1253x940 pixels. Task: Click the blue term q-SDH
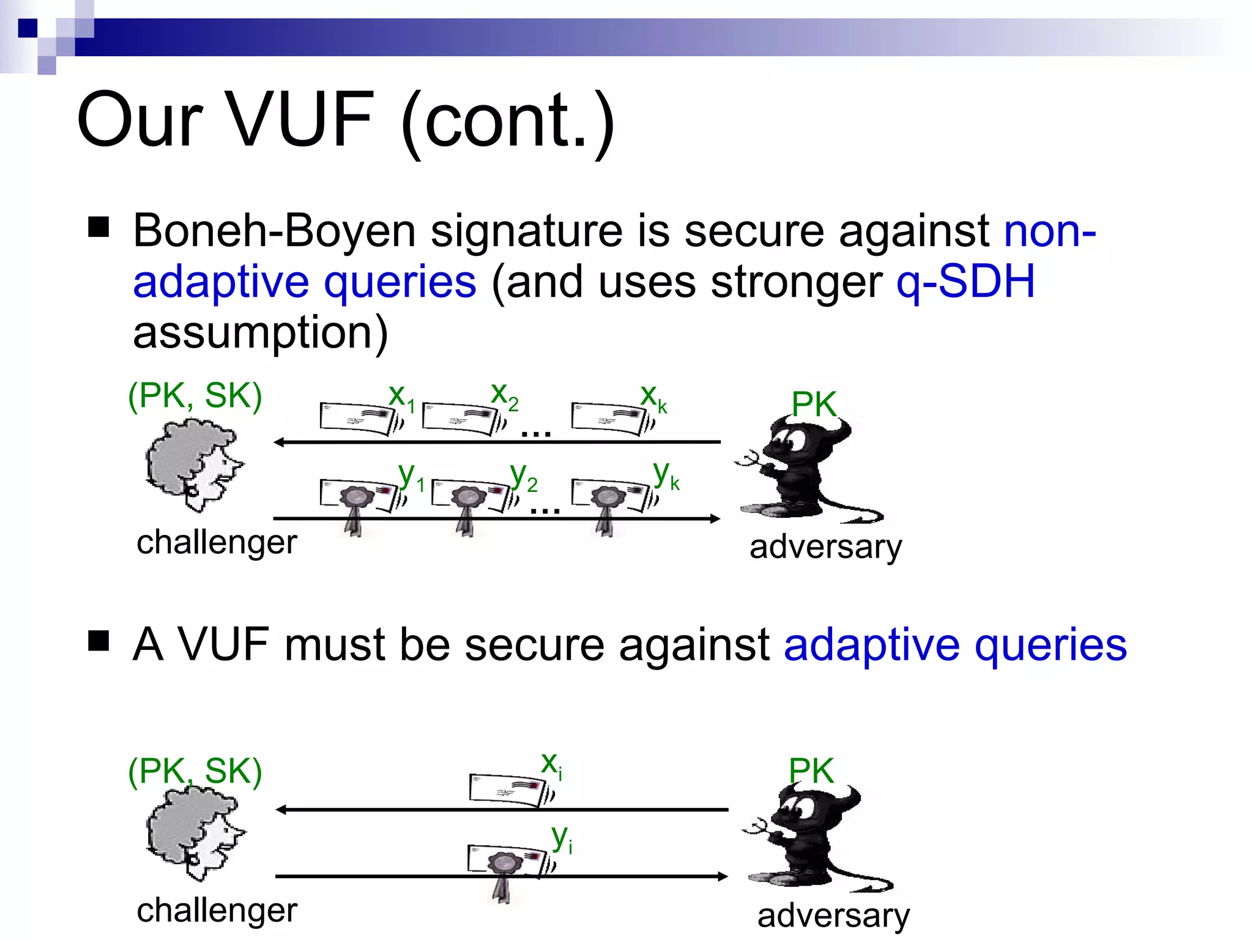click(965, 282)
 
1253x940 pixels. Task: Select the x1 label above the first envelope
click(401, 397)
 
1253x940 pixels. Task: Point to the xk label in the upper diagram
click(653, 397)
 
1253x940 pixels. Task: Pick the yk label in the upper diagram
click(666, 474)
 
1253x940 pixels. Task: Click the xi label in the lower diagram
click(551, 765)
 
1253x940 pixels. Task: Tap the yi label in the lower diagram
click(561, 838)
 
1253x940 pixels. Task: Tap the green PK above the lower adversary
click(811, 770)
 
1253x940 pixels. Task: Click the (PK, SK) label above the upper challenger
click(195, 396)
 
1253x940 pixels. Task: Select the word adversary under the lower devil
click(833, 916)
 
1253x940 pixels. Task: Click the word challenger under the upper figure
click(217, 543)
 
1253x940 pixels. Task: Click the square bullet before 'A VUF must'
click(99, 641)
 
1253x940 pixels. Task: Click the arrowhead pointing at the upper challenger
click(279, 442)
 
